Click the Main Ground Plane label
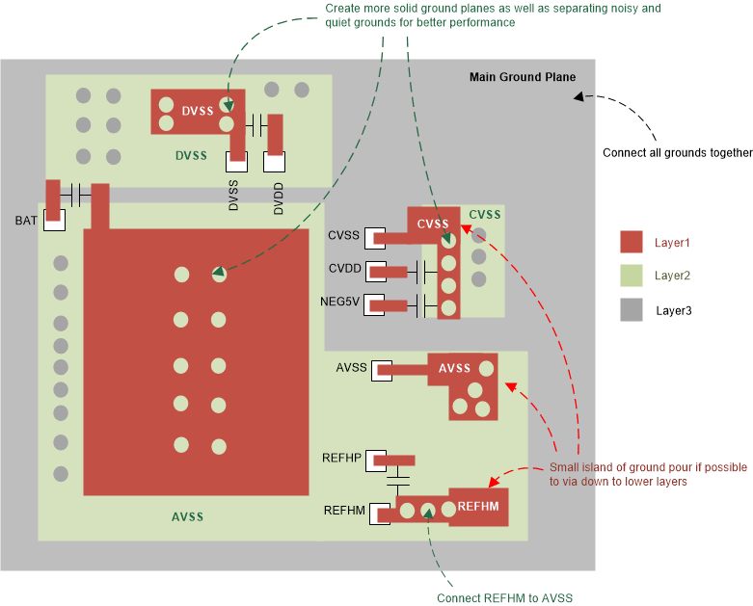coord(522,77)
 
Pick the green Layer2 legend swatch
coord(632,276)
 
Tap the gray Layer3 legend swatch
coord(632,309)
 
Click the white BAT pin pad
coord(54,221)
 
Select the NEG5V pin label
coord(339,303)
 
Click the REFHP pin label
coord(342,459)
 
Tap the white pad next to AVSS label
coord(378,369)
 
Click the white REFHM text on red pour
coord(477,506)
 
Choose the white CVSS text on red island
coord(433,224)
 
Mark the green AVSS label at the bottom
coord(187,517)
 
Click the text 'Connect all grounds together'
coord(677,152)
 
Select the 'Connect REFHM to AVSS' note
coord(504,598)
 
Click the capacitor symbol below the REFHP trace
coord(397,477)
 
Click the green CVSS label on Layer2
coord(485,214)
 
